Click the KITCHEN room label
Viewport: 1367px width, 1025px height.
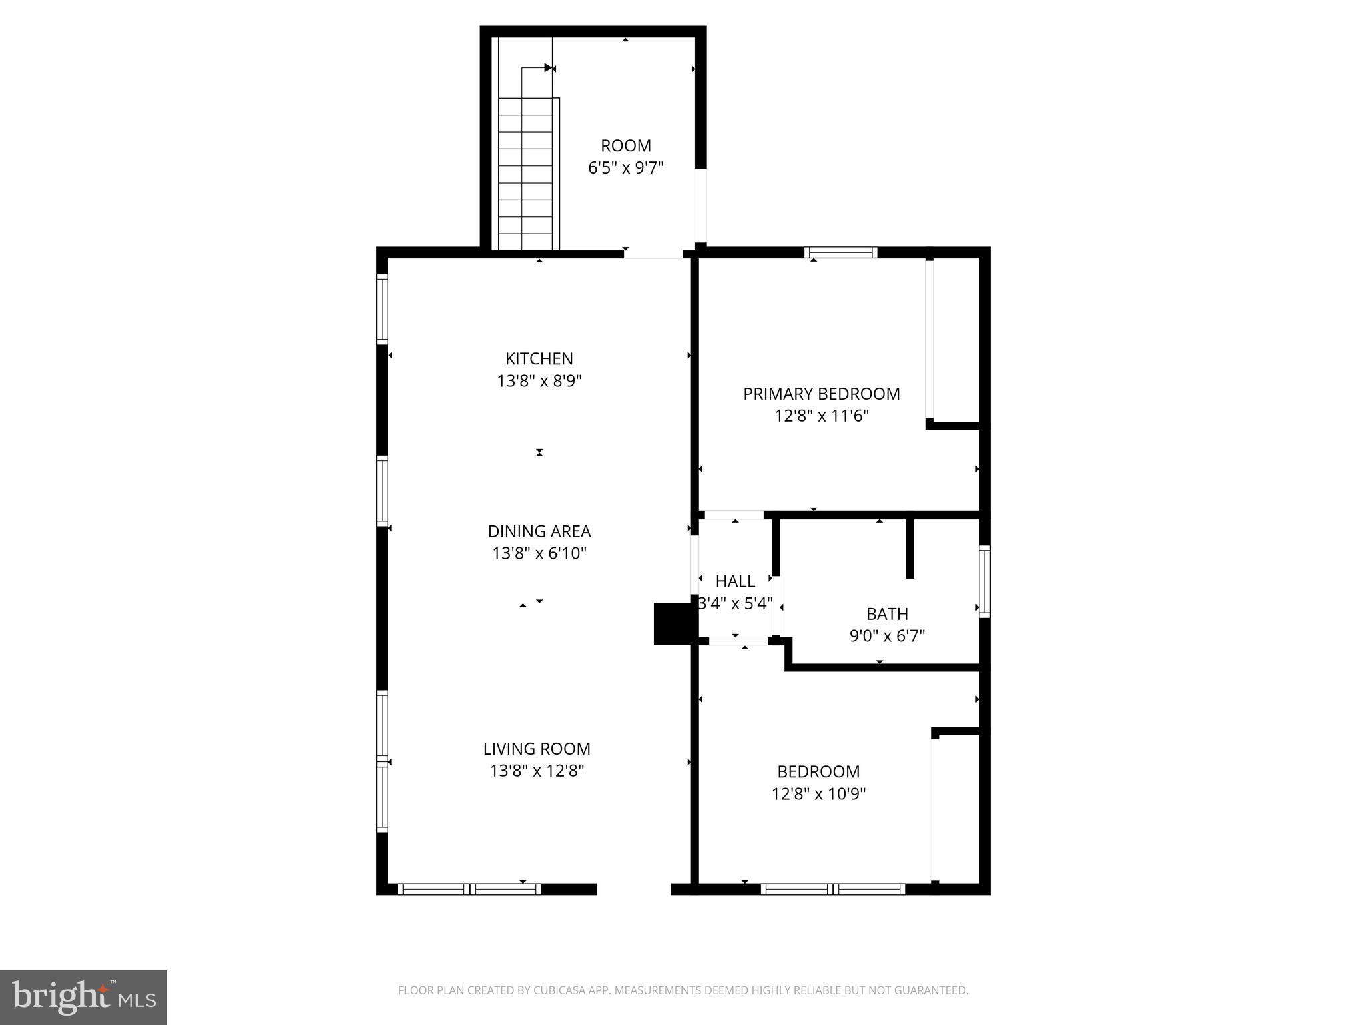click(539, 358)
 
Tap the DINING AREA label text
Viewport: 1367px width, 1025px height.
click(539, 531)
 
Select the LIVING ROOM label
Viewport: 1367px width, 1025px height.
click(537, 749)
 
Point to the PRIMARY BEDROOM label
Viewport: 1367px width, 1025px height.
click(821, 394)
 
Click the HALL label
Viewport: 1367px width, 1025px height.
click(735, 581)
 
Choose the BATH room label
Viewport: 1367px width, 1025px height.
click(887, 613)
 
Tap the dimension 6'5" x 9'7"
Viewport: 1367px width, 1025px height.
click(625, 167)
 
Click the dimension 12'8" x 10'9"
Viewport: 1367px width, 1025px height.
click(818, 794)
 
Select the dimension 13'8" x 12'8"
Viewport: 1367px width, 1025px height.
click(537, 771)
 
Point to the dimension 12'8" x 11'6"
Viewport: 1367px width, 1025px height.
click(821, 416)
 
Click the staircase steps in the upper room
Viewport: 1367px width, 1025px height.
click(525, 174)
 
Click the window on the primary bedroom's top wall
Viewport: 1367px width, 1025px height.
click(840, 252)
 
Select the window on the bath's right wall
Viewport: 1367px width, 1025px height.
click(985, 581)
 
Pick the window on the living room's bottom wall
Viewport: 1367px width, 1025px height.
click(469, 889)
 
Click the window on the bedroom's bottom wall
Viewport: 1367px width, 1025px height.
click(832, 889)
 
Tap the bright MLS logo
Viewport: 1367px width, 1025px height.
click(83, 997)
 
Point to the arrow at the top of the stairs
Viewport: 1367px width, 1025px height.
click(547, 67)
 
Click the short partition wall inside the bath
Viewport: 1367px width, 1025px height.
click(909, 547)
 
